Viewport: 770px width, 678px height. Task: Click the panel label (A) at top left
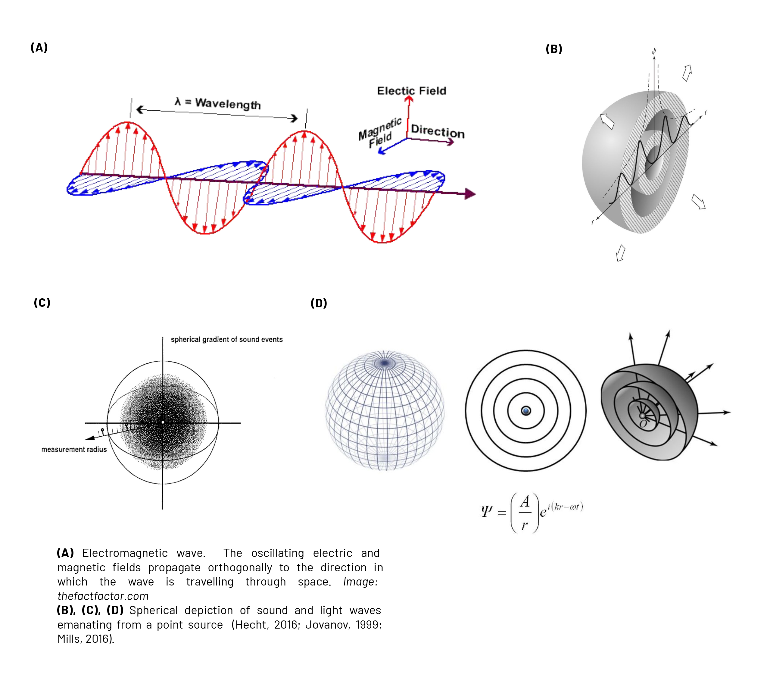point(39,48)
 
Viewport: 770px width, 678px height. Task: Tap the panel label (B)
point(554,49)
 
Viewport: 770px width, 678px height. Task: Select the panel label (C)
point(42,303)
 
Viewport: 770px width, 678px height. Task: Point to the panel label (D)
point(319,303)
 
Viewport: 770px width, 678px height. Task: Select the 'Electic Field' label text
point(411,91)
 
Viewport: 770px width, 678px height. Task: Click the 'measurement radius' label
point(74,450)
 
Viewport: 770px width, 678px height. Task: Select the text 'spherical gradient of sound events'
point(226,339)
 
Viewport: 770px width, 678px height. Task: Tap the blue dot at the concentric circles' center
point(526,411)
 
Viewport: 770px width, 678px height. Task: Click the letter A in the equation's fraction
point(525,502)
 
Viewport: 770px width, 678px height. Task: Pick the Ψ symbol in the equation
point(486,511)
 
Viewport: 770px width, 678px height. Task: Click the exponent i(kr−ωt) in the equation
point(565,507)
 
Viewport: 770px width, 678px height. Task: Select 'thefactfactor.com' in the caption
point(103,596)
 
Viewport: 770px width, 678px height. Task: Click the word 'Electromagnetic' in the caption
point(125,553)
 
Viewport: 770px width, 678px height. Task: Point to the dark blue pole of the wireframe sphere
point(385,363)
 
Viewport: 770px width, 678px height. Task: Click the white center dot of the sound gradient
point(163,422)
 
